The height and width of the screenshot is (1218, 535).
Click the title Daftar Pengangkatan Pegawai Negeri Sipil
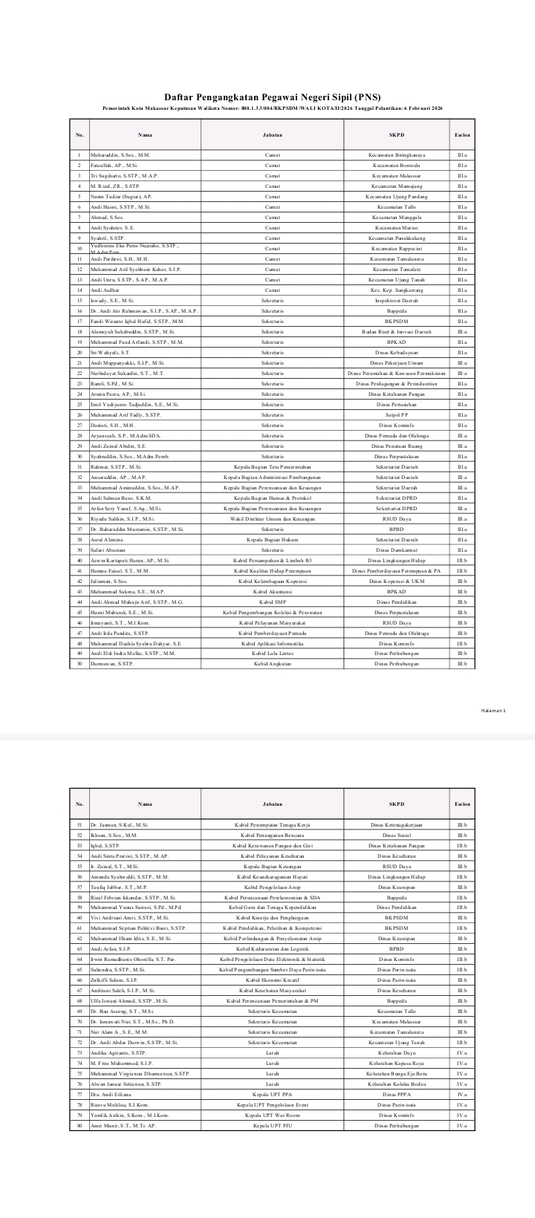tap(267, 97)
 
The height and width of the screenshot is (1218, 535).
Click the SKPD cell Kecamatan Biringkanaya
tap(397, 154)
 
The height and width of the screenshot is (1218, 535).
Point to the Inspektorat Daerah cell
tap(397, 300)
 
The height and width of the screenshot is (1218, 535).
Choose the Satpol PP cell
tap(397, 414)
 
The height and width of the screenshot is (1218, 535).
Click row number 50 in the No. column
tap(79, 663)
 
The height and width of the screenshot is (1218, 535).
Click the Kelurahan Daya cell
tap(397, 1052)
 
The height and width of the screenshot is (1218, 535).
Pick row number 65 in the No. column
tap(79, 969)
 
